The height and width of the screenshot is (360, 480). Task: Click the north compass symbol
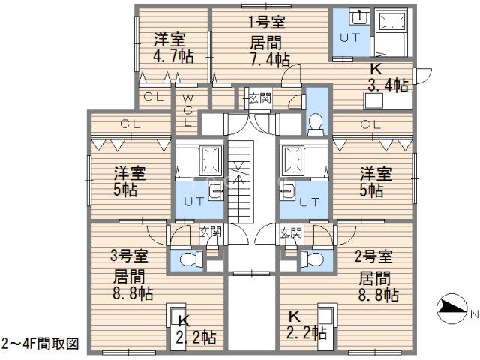click(451, 308)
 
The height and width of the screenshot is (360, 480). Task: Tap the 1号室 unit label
click(266, 22)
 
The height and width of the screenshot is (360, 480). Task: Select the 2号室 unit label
click(373, 256)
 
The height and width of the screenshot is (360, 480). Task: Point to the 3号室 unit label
click(129, 255)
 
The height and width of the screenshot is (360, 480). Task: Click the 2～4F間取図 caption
click(40, 343)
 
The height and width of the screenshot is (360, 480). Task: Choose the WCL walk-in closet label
click(188, 110)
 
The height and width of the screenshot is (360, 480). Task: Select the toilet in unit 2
click(312, 259)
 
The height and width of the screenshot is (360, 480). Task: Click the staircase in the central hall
click(241, 181)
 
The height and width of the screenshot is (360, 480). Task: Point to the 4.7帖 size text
click(173, 56)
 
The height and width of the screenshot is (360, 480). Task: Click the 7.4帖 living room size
click(270, 59)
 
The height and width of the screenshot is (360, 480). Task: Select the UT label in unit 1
click(350, 38)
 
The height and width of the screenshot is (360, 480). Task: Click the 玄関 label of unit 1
click(260, 98)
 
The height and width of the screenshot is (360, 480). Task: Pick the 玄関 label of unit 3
click(210, 232)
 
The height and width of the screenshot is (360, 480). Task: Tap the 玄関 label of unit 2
click(291, 233)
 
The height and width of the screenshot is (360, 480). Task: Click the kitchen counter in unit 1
click(388, 100)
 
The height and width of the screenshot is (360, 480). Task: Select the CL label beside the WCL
click(153, 97)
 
